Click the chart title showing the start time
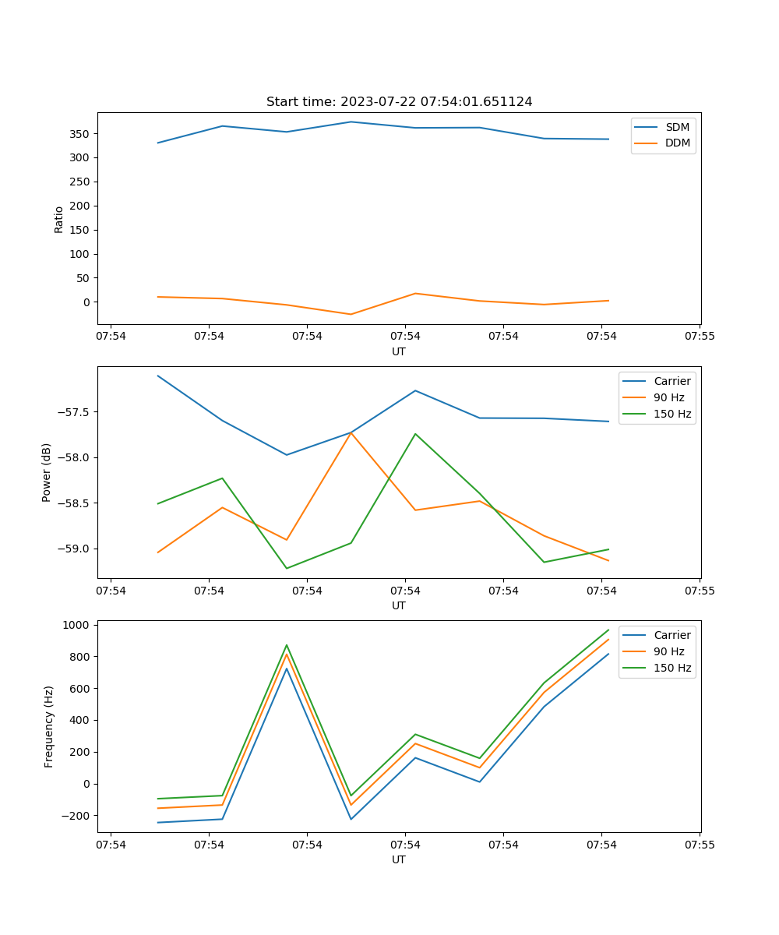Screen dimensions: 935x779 coord(399,102)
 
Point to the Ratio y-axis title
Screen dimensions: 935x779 coord(59,219)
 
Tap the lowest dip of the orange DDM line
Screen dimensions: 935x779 coord(351,314)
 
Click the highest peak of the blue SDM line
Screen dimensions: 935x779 coord(351,122)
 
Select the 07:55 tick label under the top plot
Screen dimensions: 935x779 coord(700,337)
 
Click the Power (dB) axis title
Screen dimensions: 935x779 coord(47,472)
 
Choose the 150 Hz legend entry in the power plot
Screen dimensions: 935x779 coord(672,414)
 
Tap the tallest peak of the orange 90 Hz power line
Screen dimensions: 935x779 coord(351,432)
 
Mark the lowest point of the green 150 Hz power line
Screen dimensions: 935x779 coord(287,568)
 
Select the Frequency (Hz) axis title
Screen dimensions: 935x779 coord(49,726)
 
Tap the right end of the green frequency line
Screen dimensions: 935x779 coord(608,630)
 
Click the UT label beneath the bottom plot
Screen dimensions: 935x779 coord(399,859)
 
